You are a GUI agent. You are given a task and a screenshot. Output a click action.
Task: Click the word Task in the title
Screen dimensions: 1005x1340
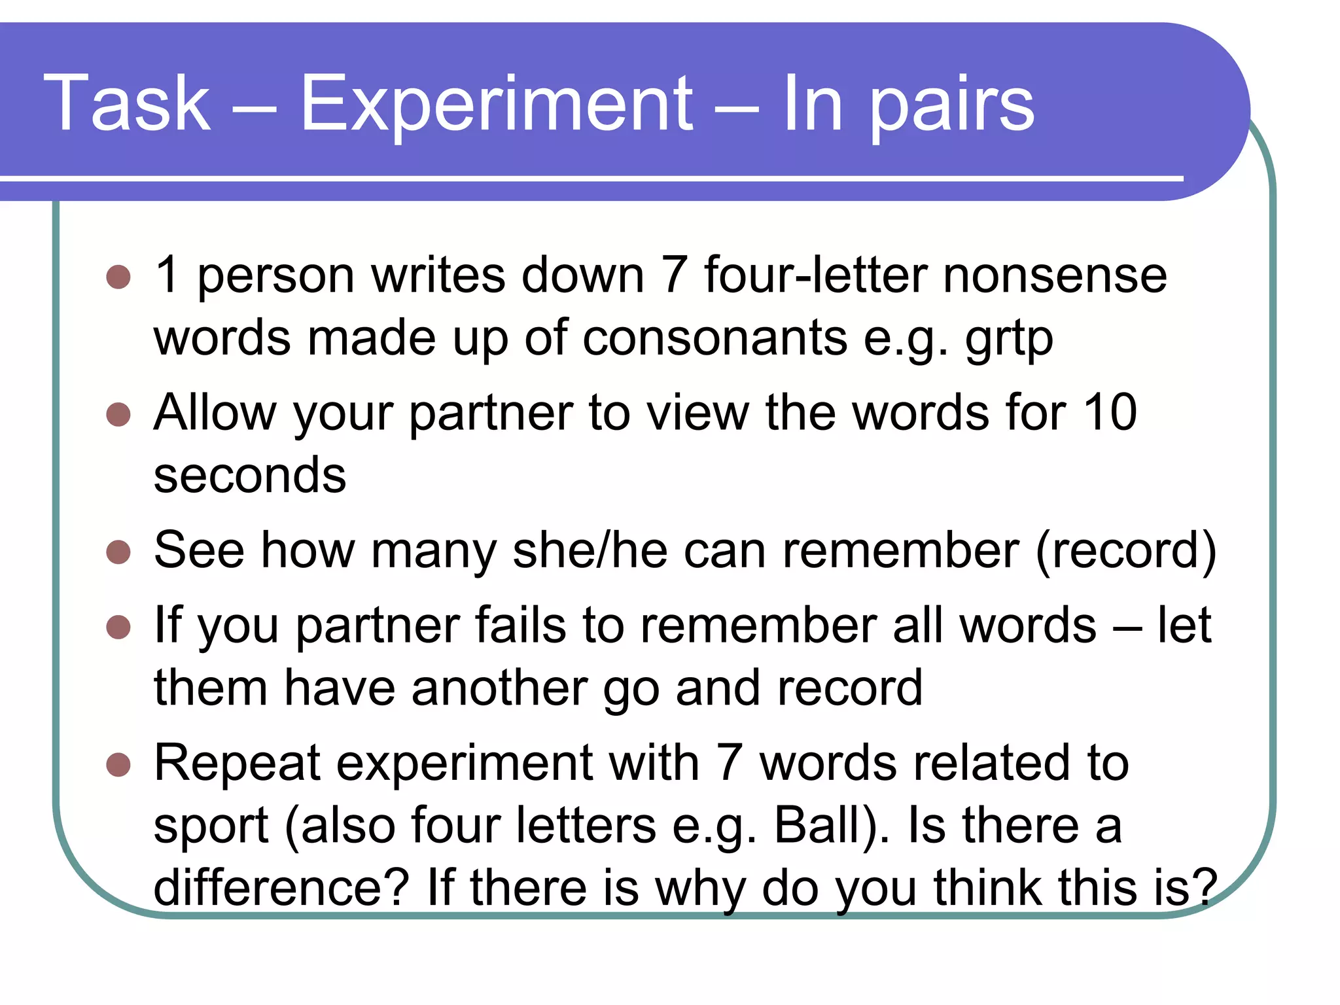point(127,103)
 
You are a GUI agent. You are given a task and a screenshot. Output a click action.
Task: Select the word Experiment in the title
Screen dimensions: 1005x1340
point(496,103)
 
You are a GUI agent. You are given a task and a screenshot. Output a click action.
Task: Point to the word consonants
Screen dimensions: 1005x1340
point(714,338)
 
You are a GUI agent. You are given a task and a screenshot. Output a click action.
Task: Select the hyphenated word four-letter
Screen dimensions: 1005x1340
point(815,275)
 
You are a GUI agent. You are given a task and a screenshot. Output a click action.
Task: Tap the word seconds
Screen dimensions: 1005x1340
point(249,475)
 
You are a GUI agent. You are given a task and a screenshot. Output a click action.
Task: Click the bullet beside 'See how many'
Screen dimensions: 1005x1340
point(118,552)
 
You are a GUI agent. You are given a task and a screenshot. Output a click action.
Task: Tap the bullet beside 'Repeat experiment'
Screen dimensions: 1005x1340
point(118,764)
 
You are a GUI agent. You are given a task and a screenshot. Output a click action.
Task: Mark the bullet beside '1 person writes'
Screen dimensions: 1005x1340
point(118,277)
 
